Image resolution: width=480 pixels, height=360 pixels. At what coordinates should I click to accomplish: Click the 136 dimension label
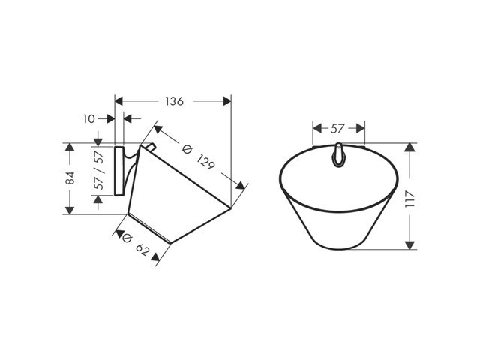pyautogui.click(x=174, y=101)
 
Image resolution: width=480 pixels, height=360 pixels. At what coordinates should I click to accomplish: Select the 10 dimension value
pyautogui.click(x=89, y=119)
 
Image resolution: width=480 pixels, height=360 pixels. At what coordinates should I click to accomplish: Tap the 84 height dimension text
pyautogui.click(x=70, y=178)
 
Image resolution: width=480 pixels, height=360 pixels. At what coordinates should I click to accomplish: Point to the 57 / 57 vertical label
pyautogui.click(x=100, y=170)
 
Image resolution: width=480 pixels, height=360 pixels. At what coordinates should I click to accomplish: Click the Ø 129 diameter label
pyautogui.click(x=198, y=157)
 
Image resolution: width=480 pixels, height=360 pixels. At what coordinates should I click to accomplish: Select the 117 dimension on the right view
pyautogui.click(x=409, y=199)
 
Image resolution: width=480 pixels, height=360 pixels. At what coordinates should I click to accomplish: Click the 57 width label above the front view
pyautogui.click(x=338, y=128)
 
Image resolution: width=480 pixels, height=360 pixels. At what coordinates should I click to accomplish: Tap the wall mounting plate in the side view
pyautogui.click(x=119, y=171)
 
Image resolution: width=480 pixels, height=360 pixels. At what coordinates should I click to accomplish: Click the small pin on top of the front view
pyautogui.click(x=338, y=155)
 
